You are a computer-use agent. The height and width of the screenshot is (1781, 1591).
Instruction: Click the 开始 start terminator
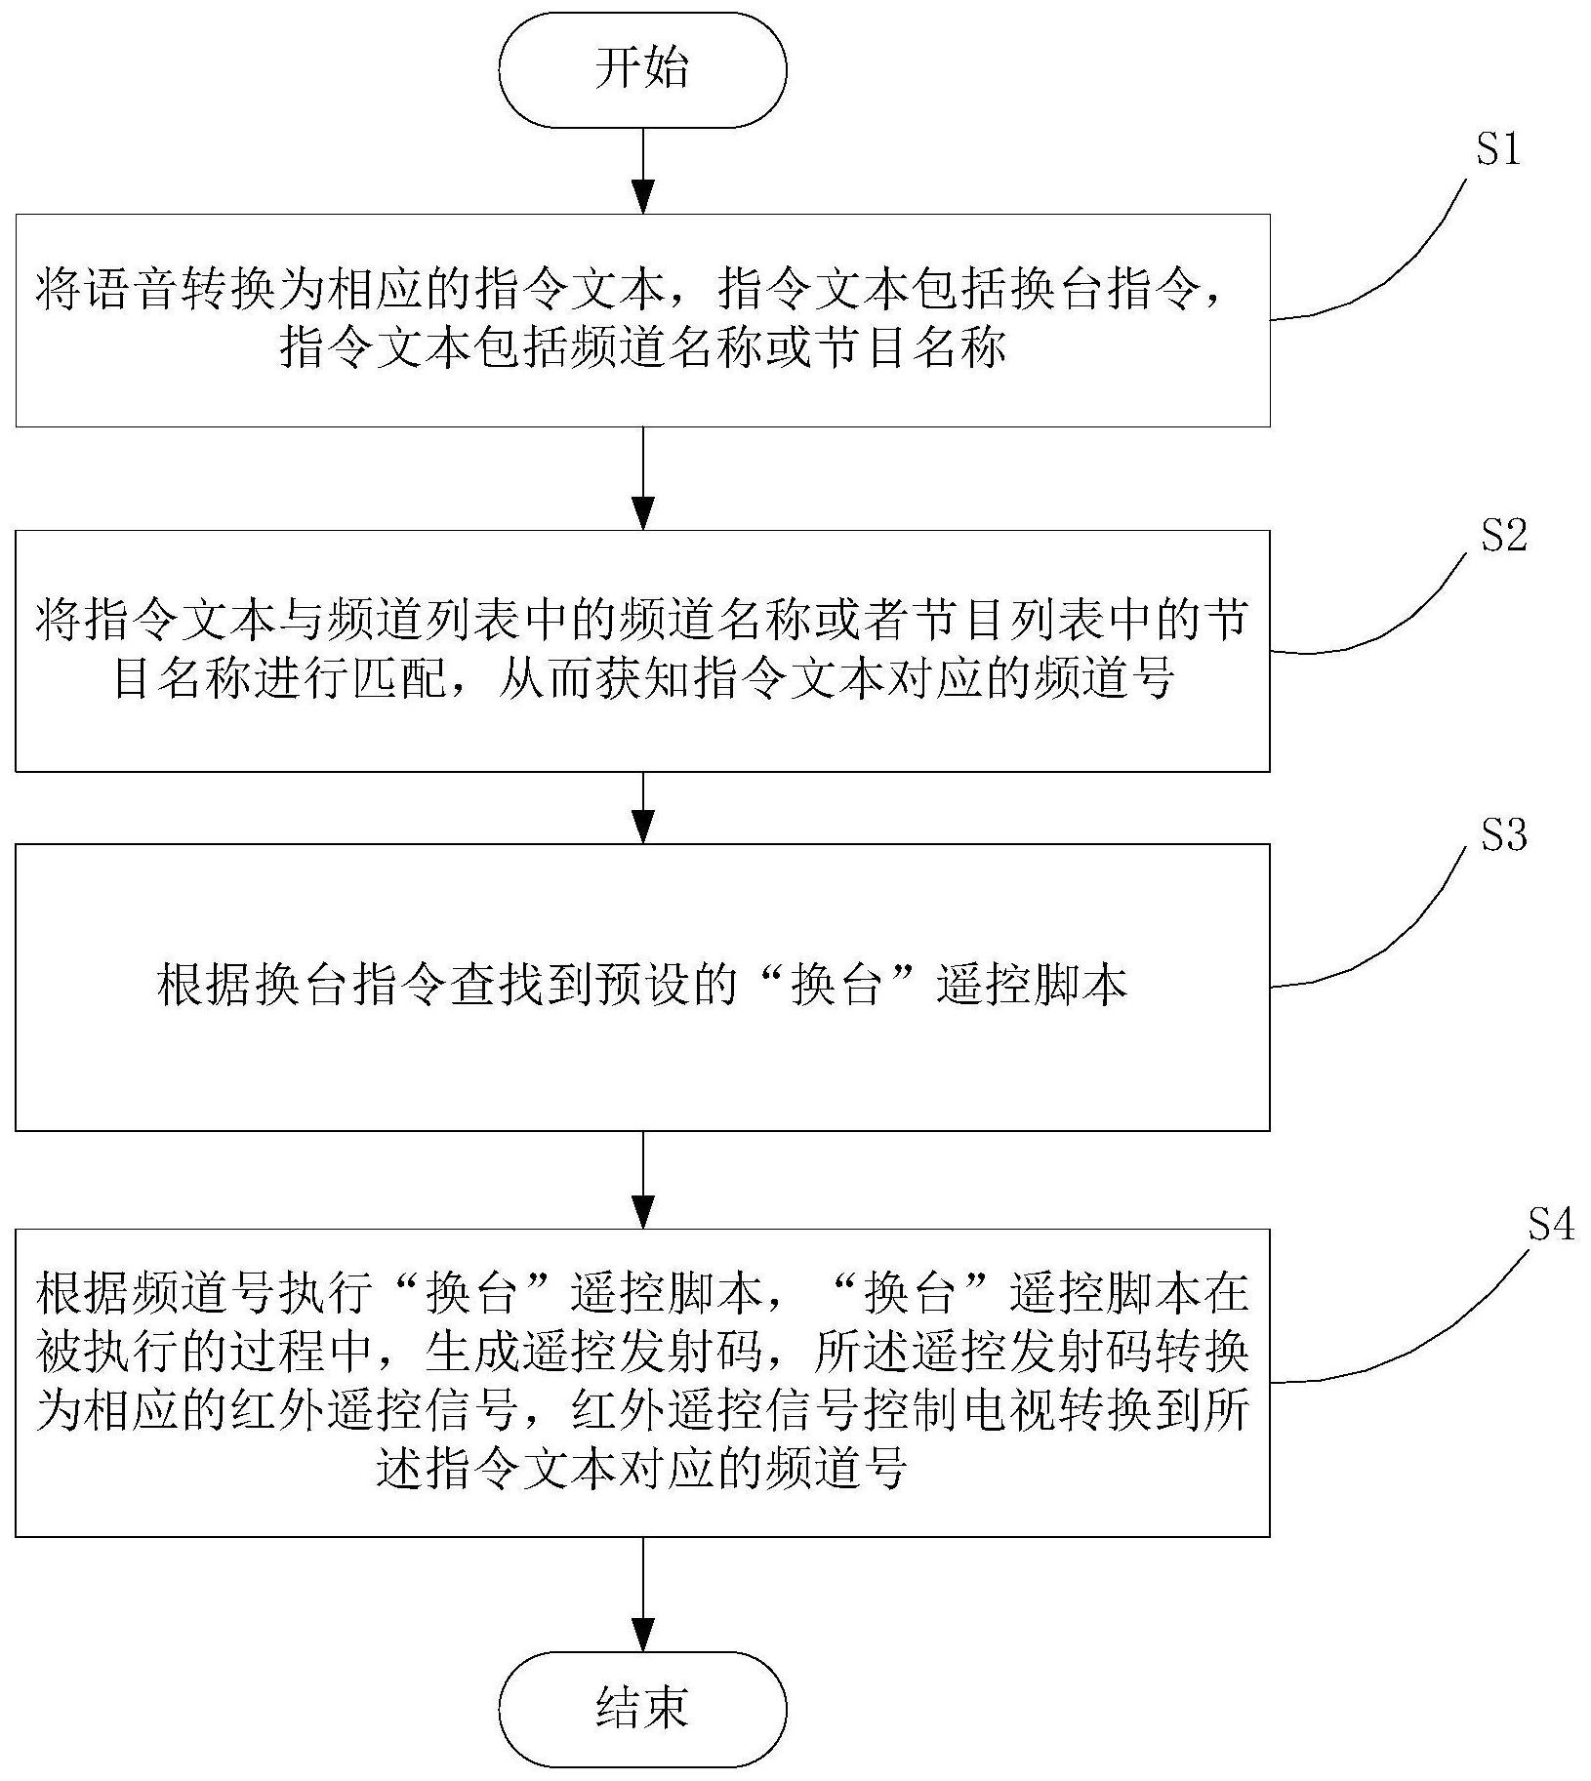tap(642, 69)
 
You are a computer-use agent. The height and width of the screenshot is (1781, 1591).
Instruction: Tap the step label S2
tap(1503, 536)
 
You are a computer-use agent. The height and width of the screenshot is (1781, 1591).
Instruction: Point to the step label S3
tap(1503, 834)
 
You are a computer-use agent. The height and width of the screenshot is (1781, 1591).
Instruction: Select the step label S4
tap(1551, 1224)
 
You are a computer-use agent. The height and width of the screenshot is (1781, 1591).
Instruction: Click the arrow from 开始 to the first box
tap(642, 171)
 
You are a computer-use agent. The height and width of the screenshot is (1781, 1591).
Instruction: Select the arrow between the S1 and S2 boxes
tap(642, 478)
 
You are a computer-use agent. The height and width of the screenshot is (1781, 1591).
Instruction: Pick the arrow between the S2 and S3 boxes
tap(642, 807)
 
